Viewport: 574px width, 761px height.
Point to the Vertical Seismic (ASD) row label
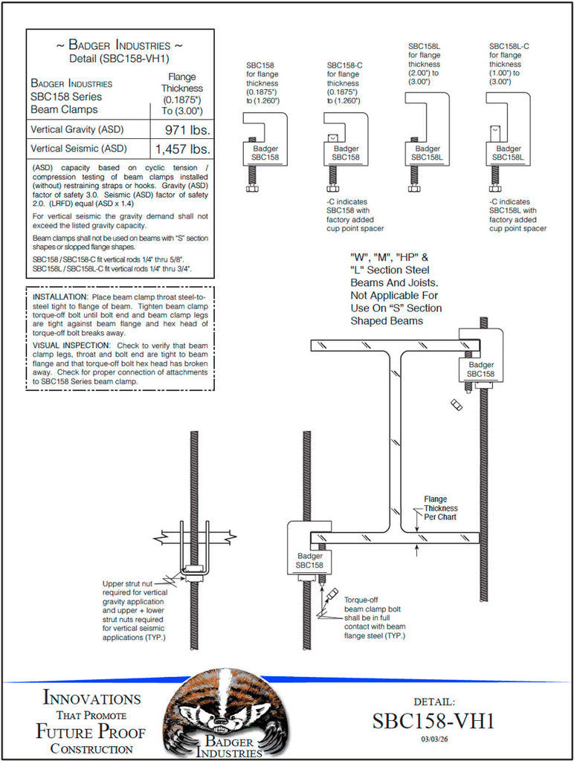78,149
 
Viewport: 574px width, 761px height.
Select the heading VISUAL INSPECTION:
71,346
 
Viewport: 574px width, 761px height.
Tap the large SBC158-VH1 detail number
433,721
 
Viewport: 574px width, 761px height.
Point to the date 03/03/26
433,739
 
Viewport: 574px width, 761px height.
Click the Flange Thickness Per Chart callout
440,508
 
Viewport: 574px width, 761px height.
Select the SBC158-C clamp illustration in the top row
345,149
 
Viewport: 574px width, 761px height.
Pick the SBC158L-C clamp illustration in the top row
509,145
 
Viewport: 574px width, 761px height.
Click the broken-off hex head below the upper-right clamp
457,404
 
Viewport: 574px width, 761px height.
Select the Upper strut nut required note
134,610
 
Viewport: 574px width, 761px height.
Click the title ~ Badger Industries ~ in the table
120,46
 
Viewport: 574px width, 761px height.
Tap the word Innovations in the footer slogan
91,699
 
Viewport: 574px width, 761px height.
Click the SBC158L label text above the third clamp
425,46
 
